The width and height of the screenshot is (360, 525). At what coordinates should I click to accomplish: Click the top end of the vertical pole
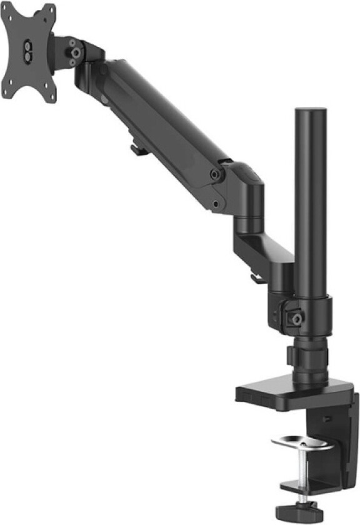pyautogui.click(x=311, y=112)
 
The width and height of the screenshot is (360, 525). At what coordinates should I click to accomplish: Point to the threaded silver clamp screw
pyautogui.click(x=302, y=469)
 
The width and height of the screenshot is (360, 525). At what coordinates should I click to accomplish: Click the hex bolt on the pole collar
pyautogui.click(x=296, y=318)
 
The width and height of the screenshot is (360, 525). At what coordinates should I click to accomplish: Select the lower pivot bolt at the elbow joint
pyautogui.click(x=216, y=204)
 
